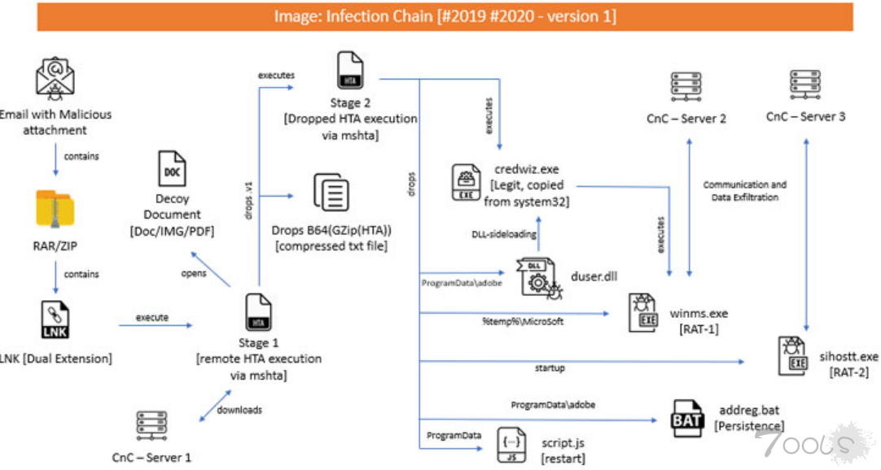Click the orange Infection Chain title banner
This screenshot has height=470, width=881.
click(x=445, y=16)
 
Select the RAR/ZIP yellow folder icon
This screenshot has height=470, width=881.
click(x=55, y=210)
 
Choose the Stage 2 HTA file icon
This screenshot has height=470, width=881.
click(x=350, y=72)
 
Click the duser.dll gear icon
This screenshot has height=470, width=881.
click(x=537, y=276)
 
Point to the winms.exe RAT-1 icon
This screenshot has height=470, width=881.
click(x=643, y=313)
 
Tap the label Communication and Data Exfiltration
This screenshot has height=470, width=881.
click(x=745, y=190)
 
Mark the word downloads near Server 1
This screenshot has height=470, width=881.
click(x=239, y=410)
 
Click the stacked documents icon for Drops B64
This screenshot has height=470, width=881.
click(x=332, y=193)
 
